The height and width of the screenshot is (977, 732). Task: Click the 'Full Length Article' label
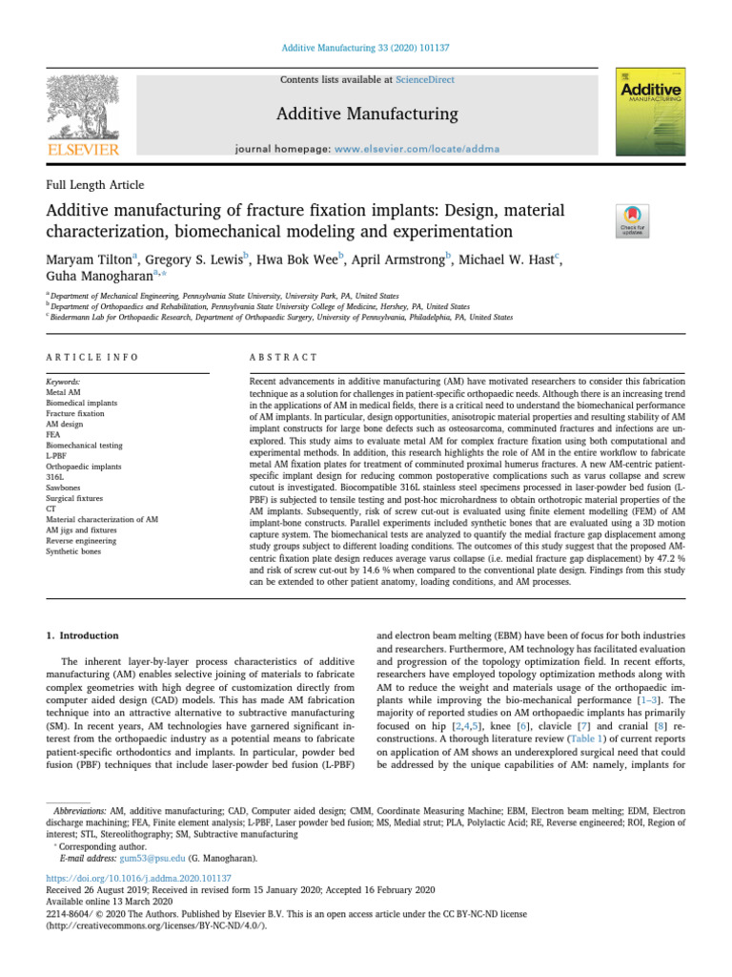[x=95, y=184]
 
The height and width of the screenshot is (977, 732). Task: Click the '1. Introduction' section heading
[x=83, y=635]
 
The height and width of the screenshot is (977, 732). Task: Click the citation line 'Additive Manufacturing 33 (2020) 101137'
[x=366, y=47]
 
